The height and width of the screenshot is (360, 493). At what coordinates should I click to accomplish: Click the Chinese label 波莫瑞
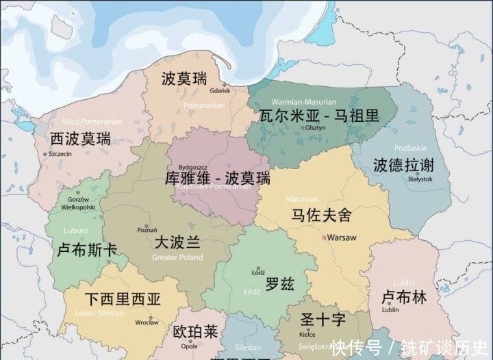coord(184,78)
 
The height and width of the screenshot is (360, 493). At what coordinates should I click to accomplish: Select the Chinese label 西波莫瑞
coord(80,138)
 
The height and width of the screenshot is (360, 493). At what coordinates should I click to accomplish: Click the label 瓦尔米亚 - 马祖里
coord(318,115)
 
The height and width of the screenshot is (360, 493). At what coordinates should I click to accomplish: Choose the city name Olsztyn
coord(315,128)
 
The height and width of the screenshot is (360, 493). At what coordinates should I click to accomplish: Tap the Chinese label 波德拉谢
coord(403,165)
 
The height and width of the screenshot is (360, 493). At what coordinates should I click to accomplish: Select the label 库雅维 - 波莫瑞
coord(218,178)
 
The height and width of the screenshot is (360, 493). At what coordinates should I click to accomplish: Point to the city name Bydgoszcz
coord(194,166)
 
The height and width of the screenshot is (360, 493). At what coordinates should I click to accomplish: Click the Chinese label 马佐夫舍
coord(321,216)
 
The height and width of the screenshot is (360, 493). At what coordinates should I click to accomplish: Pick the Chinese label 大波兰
coord(177,242)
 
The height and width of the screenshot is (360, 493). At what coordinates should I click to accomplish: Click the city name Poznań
coord(147,230)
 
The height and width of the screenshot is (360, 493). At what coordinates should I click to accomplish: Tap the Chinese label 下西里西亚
coord(123,299)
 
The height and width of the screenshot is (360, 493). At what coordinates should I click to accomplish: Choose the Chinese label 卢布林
coord(403,297)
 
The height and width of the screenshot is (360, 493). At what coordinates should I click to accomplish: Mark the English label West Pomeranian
coord(92,122)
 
